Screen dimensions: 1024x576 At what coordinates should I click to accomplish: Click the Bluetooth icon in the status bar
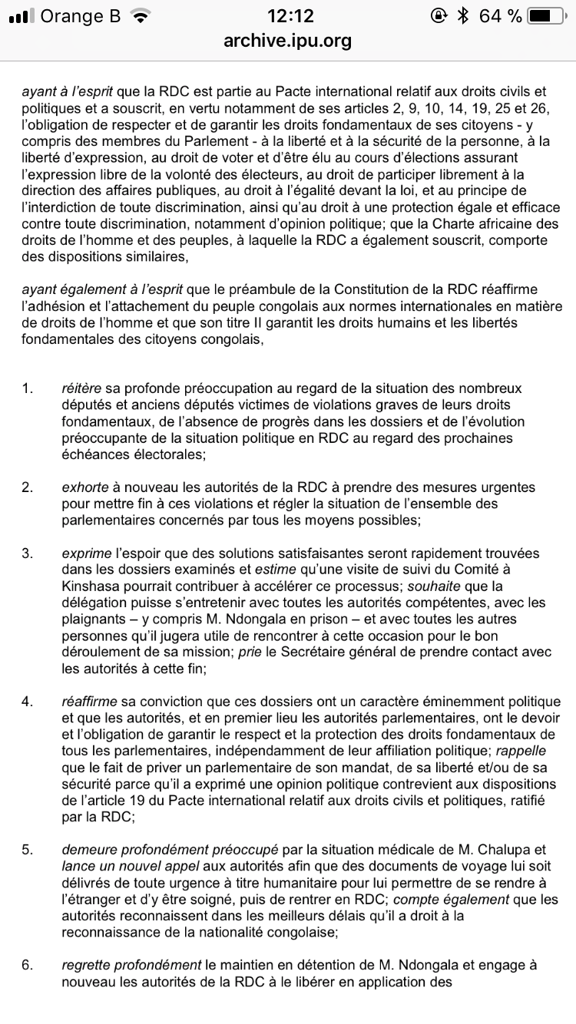(462, 16)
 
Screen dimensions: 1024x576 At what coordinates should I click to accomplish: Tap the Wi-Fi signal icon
(141, 16)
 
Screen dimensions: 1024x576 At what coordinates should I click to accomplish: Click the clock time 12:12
(287, 16)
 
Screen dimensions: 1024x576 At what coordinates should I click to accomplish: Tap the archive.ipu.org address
(287, 41)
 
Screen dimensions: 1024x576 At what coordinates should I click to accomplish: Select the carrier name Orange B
(81, 16)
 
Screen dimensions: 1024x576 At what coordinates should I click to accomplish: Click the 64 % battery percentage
(500, 16)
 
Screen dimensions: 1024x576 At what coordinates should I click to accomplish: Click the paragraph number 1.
(27, 388)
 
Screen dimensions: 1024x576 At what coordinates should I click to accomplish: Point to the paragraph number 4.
(27, 702)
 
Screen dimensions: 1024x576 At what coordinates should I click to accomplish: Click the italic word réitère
(80, 388)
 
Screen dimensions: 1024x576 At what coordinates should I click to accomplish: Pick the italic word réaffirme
(92, 702)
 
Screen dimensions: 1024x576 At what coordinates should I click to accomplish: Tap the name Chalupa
(519, 850)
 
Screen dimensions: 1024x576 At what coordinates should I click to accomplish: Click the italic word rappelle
(534, 751)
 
